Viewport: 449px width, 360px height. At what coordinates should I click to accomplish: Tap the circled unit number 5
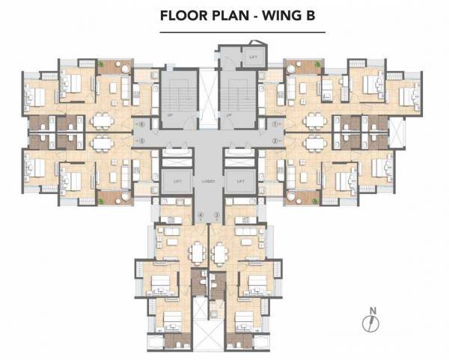(x=141, y=140)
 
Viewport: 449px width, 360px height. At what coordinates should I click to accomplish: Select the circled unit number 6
(x=141, y=123)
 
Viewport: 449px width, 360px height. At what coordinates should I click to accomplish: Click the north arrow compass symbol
(x=367, y=323)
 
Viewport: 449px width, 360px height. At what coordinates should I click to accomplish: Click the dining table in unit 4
(x=197, y=254)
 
